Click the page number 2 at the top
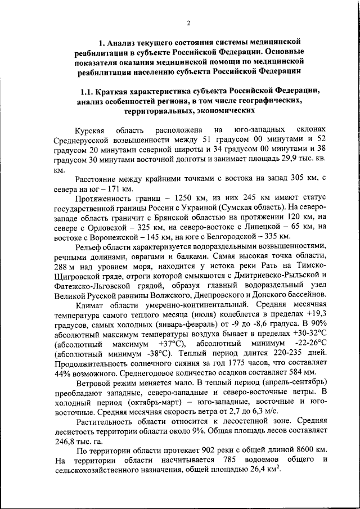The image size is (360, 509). pyautogui.click(x=189, y=23)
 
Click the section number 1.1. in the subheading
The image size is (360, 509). pyautogui.click(x=90, y=92)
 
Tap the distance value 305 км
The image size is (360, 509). pyautogui.click(x=281, y=179)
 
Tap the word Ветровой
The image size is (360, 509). pyautogui.click(x=94, y=382)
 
